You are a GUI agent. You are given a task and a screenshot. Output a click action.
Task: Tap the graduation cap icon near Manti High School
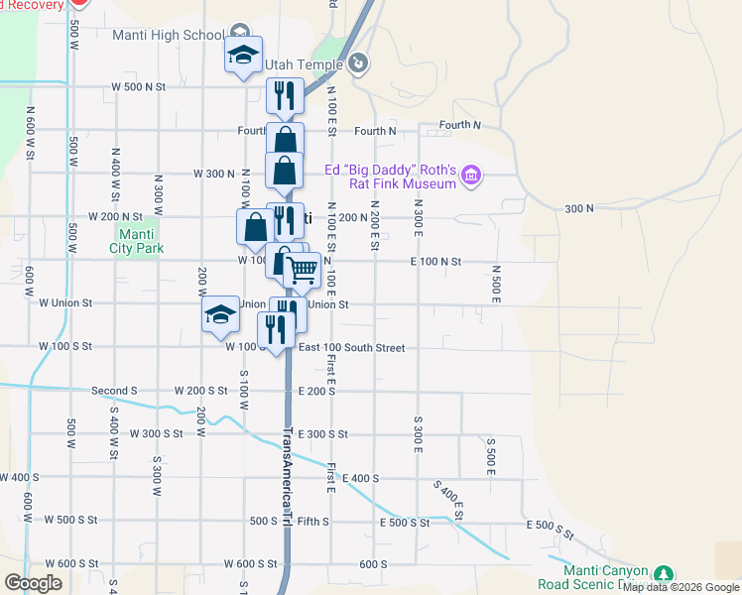click(243, 57)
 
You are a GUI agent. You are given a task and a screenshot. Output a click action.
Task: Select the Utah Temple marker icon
click(359, 64)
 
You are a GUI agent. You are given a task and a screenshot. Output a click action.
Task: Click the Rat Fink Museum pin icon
click(471, 177)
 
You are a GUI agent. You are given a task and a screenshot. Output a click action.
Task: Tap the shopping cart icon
click(303, 269)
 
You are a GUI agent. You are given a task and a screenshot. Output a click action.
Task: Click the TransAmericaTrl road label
click(288, 477)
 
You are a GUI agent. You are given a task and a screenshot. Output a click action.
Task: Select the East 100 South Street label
click(351, 348)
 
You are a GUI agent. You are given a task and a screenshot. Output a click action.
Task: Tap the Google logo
click(33, 583)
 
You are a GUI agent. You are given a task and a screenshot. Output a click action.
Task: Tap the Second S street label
click(114, 391)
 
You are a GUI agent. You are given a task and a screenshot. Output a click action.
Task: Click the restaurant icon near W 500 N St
click(285, 95)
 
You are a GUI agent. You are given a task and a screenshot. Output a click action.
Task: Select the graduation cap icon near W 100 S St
click(220, 317)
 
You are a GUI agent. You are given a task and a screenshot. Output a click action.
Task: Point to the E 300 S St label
click(322, 434)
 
